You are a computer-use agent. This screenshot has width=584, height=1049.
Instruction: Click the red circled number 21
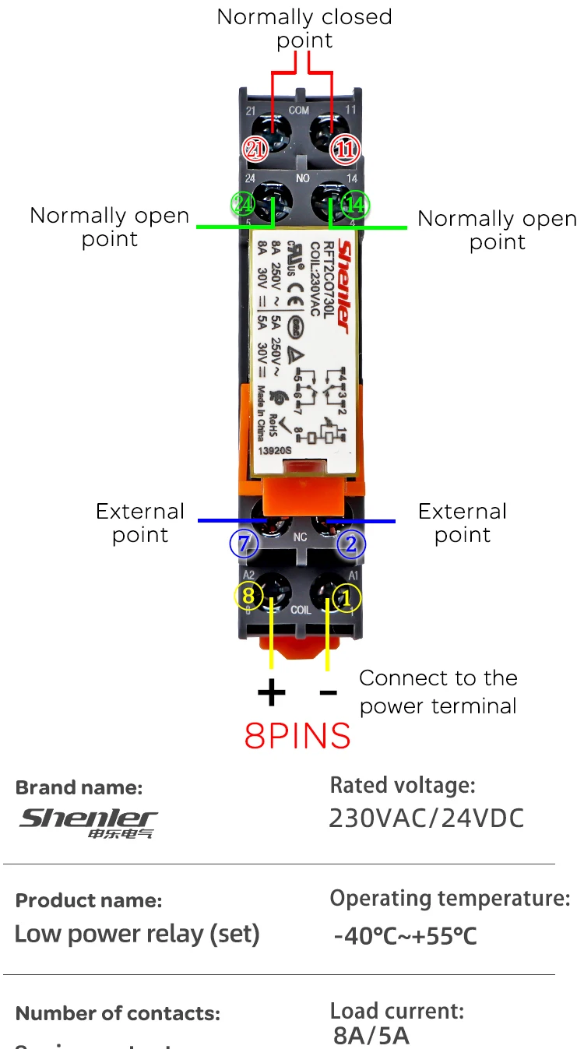(x=255, y=150)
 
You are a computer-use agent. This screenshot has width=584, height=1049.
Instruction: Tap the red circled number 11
(x=344, y=150)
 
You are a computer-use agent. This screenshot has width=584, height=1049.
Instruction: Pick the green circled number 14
(x=355, y=205)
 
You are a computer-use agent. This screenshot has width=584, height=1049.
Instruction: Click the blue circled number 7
(x=244, y=544)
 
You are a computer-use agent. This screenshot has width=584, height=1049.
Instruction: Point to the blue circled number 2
(x=351, y=544)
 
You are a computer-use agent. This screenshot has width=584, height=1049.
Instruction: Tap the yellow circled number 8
(x=248, y=597)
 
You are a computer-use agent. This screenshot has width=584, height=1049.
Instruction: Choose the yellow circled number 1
(x=347, y=597)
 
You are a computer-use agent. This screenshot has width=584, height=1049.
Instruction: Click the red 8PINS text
(x=297, y=735)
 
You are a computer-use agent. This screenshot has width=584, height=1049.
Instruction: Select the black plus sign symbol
(x=271, y=692)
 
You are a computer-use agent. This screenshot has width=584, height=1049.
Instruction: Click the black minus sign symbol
(x=329, y=692)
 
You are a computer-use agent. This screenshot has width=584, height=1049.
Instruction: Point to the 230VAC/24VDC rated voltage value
(x=427, y=818)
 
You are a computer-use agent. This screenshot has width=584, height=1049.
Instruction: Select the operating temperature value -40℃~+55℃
(x=405, y=935)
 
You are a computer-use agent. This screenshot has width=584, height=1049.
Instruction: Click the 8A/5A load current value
(x=371, y=1036)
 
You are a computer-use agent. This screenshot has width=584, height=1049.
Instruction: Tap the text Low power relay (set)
(x=137, y=933)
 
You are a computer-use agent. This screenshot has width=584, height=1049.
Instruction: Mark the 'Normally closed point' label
(x=304, y=28)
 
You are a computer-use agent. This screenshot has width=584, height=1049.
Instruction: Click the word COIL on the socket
(x=301, y=611)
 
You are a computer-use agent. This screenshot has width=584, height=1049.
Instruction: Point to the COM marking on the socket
(x=299, y=111)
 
